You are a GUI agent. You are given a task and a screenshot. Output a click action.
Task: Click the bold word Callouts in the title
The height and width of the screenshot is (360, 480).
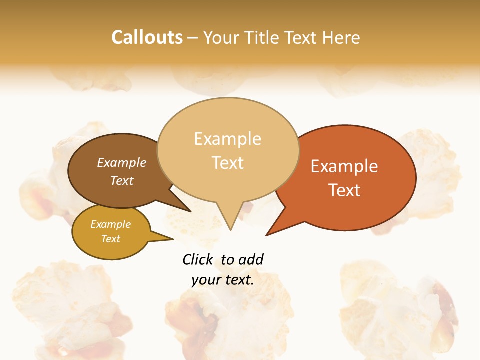[147, 37]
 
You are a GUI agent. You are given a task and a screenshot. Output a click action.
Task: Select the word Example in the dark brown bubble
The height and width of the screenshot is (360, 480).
[122, 162]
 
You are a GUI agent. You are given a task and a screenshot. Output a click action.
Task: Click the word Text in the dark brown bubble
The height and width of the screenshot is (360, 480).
[122, 180]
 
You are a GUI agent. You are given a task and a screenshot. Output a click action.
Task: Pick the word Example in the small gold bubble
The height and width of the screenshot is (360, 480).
[111, 224]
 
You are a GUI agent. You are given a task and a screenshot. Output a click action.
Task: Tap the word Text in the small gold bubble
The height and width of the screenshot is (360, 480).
[111, 239]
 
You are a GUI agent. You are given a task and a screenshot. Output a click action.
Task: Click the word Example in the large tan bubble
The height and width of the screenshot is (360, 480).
[228, 139]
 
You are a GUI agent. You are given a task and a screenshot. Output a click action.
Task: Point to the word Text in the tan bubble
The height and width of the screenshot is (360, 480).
[228, 163]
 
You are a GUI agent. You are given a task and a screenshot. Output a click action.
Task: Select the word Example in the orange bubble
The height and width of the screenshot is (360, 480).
[344, 166]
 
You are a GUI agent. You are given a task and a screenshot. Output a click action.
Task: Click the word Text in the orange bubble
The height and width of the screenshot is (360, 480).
[344, 190]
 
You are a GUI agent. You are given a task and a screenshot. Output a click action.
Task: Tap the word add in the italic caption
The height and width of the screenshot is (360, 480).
[251, 259]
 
